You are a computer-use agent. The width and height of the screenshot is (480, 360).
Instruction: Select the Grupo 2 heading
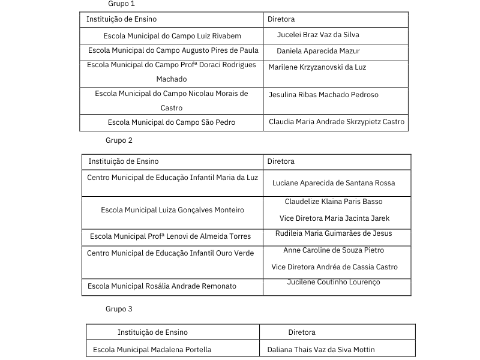(x=119, y=140)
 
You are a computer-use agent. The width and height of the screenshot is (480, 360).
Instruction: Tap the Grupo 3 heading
(x=119, y=309)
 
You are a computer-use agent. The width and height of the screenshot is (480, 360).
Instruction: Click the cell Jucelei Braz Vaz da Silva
(x=318, y=35)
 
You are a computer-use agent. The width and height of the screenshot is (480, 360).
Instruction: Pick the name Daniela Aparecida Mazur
(x=318, y=51)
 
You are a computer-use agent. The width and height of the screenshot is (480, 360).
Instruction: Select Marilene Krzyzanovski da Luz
(x=317, y=67)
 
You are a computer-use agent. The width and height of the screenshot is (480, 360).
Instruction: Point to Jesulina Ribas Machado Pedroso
(x=323, y=95)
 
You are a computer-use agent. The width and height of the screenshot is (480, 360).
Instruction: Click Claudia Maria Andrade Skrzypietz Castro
(x=337, y=122)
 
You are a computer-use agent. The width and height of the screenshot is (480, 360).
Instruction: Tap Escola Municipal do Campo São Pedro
(x=172, y=122)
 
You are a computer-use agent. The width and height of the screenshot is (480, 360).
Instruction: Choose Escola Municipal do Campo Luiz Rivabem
(x=172, y=36)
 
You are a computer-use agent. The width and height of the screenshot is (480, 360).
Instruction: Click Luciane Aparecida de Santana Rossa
(x=334, y=183)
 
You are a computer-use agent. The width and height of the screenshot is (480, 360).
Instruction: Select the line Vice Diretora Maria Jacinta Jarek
(x=334, y=218)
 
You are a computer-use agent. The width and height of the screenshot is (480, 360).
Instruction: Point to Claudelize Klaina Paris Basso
(x=334, y=202)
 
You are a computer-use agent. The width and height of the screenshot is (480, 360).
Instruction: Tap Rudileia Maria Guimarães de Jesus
(x=334, y=233)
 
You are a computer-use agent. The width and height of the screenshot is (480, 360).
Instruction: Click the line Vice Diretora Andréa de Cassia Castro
(x=334, y=267)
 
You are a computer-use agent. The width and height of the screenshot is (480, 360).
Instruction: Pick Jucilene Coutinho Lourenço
(x=334, y=282)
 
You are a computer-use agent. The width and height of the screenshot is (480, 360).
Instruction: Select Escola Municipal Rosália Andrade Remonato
(x=162, y=286)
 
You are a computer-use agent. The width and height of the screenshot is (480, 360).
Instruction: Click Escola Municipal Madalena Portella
(x=152, y=350)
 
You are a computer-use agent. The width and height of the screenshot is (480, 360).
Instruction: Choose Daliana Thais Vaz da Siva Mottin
(x=321, y=350)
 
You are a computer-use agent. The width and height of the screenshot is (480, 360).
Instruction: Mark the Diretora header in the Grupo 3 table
(x=302, y=332)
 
